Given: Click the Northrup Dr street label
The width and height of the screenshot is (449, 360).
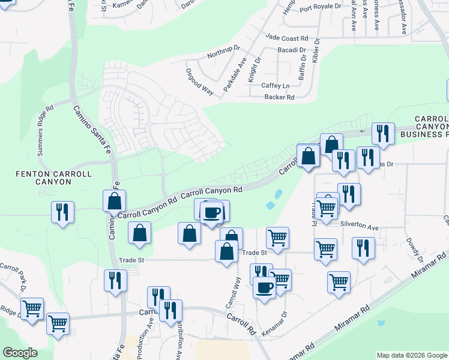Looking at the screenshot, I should coord(223,51).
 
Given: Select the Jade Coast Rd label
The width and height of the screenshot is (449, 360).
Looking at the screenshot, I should coord(286,37).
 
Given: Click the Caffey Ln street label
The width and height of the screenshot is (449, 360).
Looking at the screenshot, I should coord(276,86).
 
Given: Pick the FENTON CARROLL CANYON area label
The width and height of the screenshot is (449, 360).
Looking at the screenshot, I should coord(54,179).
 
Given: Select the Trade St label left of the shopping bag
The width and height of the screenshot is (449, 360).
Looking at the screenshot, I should coord(133,260).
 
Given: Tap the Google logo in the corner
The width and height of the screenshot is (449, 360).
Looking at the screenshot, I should coord(20,353).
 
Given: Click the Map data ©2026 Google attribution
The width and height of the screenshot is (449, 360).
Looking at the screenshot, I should coord(412,355).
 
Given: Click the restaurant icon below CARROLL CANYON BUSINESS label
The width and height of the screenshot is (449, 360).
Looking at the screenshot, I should coord(382,133).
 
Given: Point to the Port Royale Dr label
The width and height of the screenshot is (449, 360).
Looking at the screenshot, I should coord(320,8).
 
